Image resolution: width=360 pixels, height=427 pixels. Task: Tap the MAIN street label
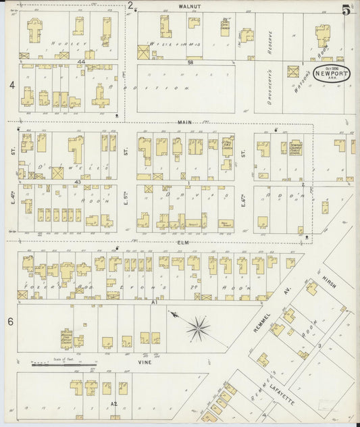[185, 122]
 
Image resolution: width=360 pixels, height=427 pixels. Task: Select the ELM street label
[182, 241]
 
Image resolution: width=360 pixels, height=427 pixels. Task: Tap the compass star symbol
[197, 329]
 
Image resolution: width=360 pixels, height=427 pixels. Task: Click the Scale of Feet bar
[64, 366]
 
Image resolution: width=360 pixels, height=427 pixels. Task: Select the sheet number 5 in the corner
[346, 9]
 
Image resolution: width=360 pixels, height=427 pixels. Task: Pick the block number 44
[80, 62]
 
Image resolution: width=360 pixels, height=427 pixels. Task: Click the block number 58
[190, 62]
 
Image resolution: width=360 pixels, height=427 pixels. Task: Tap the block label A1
[154, 303]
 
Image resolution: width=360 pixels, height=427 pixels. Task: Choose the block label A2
[113, 403]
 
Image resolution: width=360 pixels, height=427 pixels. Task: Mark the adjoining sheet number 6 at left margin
[11, 322]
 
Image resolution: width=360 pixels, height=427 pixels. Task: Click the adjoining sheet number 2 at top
[130, 5]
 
